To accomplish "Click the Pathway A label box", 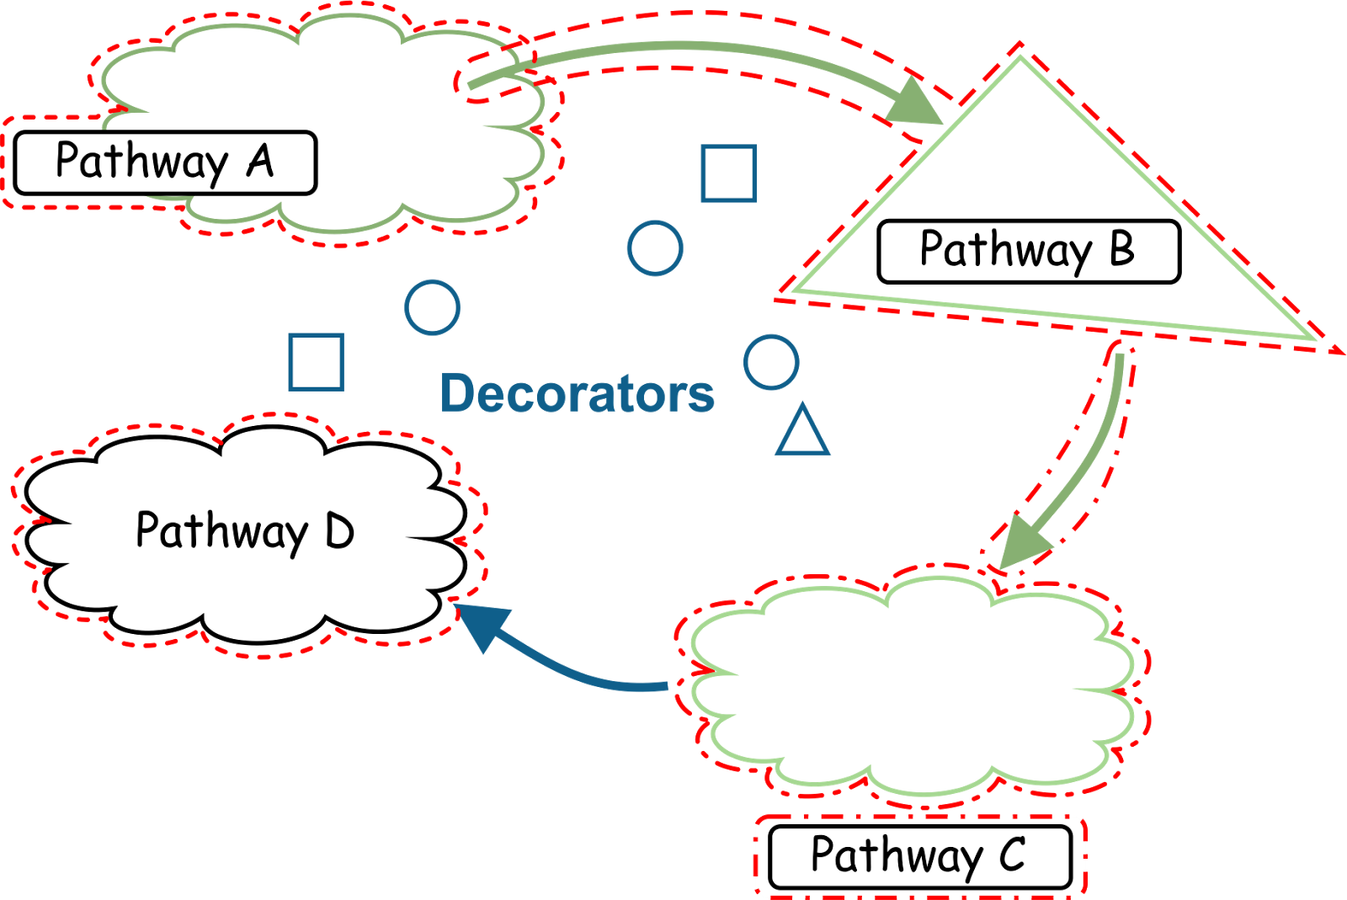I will point(165,162).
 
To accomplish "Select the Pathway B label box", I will point(1028,251).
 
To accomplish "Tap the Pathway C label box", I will point(919,856).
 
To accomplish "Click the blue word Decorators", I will point(578,393).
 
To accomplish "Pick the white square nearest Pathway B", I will point(728,173).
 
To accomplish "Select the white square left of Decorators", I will point(316,362).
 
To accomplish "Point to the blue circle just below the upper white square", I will point(655,248).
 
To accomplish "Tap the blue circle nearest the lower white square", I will point(432,307).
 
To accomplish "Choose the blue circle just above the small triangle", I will point(771,362).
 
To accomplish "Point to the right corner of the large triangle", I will point(1313,339).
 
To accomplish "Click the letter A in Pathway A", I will point(261,161).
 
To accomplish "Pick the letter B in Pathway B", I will point(1122,249).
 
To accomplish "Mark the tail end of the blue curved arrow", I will point(665,687).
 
